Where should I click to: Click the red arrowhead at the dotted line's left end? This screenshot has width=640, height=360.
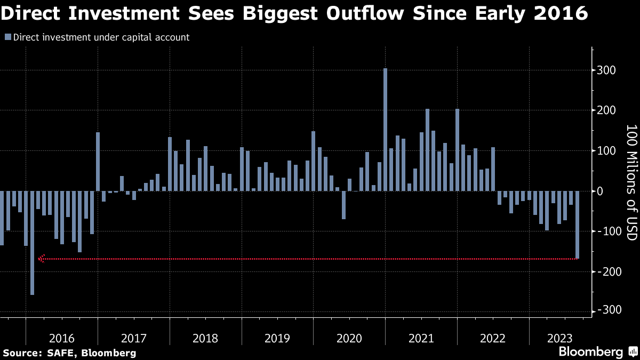[x=42, y=259]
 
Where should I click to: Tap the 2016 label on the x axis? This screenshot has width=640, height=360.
[x=62, y=338]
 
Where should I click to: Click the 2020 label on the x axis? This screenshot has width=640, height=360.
[x=349, y=338]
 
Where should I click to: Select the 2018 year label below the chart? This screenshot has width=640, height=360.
[x=205, y=338]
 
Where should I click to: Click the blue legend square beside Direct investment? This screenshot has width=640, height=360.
[x=7, y=37]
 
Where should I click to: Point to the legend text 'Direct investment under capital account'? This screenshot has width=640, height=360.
[x=101, y=37]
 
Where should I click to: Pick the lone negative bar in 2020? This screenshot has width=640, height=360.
[x=343, y=205]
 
